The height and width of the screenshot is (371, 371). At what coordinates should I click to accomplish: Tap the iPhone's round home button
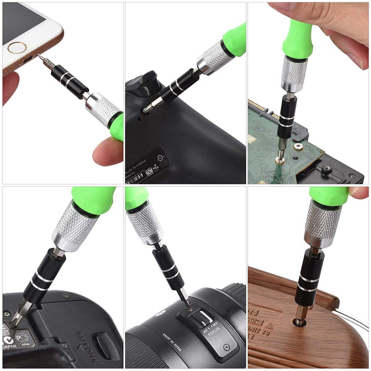point(17,47)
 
